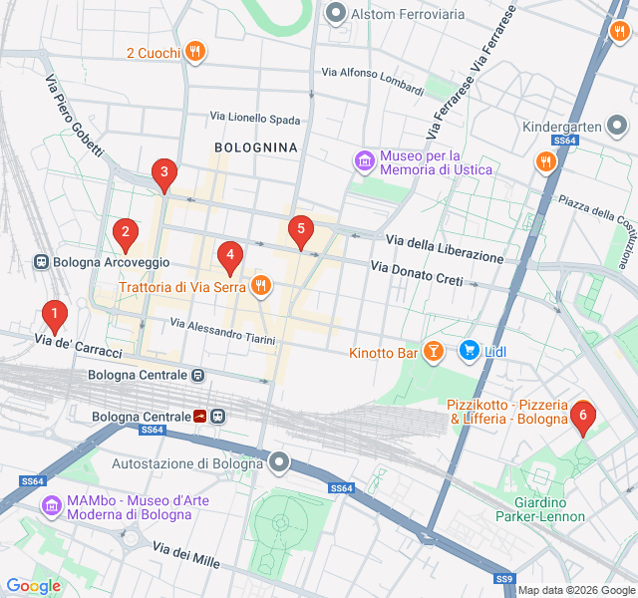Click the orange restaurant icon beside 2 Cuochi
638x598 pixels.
195,52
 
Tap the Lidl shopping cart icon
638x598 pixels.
469,350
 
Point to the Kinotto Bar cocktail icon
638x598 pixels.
434,351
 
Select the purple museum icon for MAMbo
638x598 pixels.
50,506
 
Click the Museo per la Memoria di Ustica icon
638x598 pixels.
364,161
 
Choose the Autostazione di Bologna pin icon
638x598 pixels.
279,461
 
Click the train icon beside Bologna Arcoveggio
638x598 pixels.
42,262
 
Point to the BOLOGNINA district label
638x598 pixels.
256,147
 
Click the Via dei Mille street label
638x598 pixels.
186,554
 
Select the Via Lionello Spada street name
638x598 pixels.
254,118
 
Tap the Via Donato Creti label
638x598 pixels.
417,274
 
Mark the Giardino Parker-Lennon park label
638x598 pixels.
539,508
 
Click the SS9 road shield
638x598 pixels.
504,579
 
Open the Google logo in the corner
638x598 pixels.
33,586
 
